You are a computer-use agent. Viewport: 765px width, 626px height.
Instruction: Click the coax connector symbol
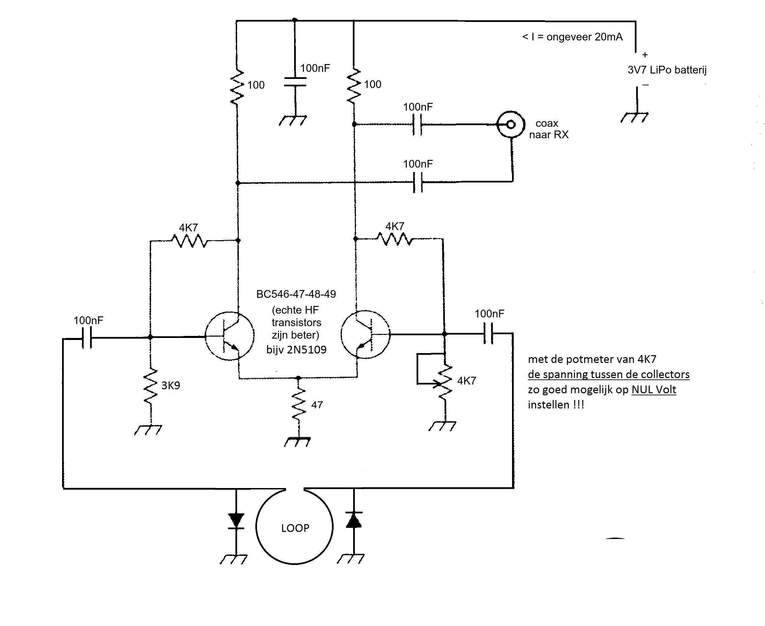[x=510, y=124]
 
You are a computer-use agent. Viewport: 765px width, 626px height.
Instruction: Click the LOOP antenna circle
[x=294, y=527]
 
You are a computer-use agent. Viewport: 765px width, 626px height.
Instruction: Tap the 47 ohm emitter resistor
[x=299, y=404]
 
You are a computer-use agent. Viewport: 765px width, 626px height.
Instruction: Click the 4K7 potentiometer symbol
[x=444, y=381]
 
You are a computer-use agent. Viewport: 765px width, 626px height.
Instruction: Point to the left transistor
[x=229, y=336]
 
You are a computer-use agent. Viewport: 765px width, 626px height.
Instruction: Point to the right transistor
[x=365, y=334]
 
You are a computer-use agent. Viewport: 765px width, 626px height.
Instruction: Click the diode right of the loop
[x=353, y=520]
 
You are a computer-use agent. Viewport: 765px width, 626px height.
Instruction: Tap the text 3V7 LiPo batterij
[x=667, y=70]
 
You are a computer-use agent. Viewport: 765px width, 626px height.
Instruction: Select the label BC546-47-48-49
[x=296, y=294]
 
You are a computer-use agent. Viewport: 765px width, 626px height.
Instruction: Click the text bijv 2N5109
[x=296, y=350]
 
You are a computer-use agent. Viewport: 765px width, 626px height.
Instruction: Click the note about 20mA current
[x=572, y=37]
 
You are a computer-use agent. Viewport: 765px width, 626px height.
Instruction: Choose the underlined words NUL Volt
[x=654, y=390]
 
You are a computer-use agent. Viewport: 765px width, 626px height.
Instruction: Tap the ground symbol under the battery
[x=634, y=117]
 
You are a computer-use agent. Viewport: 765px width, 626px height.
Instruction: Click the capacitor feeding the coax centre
[x=417, y=124]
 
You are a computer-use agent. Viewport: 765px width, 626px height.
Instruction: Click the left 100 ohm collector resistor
[x=237, y=87]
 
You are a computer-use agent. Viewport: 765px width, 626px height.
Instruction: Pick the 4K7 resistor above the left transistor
[x=189, y=240]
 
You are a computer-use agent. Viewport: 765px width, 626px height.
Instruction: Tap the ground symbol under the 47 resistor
[x=297, y=442]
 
